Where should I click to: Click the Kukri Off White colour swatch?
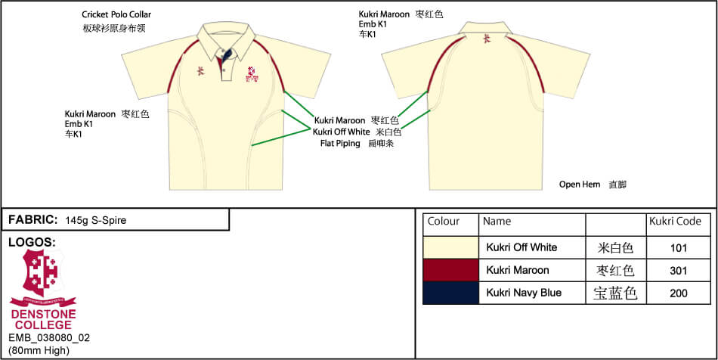[450, 247]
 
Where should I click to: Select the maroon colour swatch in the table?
[450, 270]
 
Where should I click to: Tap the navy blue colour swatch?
[450, 293]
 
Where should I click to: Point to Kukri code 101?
[678, 247]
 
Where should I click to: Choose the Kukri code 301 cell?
[678, 270]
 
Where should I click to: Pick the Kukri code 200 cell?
[678, 293]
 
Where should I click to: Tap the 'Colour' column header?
[444, 222]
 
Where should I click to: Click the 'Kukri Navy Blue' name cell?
[524, 293]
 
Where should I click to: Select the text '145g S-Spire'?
[96, 220]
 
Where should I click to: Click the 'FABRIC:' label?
[33, 220]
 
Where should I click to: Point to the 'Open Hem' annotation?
[580, 185]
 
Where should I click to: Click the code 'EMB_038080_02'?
[49, 338]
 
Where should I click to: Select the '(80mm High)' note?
[39, 350]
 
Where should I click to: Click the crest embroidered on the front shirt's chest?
[252, 73]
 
